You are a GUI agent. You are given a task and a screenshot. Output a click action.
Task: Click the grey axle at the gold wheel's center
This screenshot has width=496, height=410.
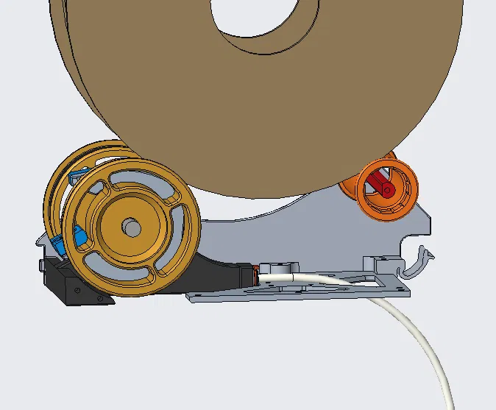132,227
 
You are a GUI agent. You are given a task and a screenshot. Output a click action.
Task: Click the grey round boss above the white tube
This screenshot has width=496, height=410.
277,267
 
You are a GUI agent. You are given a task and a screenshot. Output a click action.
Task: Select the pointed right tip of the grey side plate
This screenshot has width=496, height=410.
430,221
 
